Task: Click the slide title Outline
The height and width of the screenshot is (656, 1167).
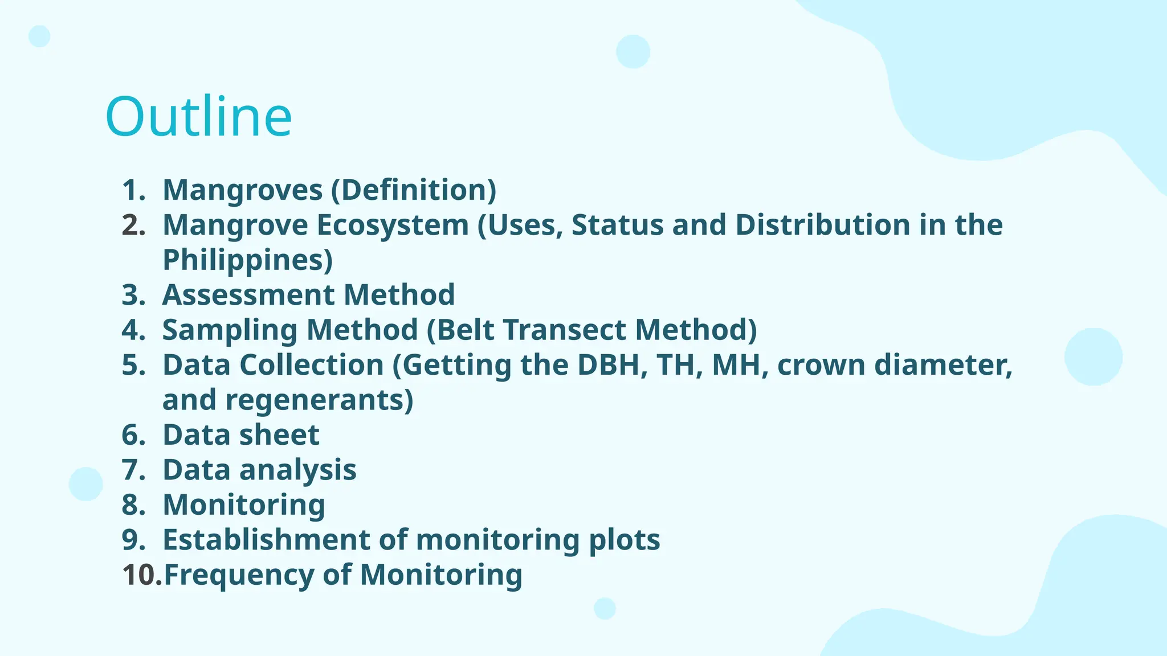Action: pos(198,117)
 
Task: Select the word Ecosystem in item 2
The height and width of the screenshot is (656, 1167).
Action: pos(393,225)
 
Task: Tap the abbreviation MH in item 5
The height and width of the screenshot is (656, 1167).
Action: pos(740,365)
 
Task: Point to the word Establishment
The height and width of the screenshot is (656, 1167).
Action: pos(266,540)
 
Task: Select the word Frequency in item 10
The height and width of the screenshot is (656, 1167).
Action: pos(239,575)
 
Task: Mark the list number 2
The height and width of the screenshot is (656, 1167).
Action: pos(133,225)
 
